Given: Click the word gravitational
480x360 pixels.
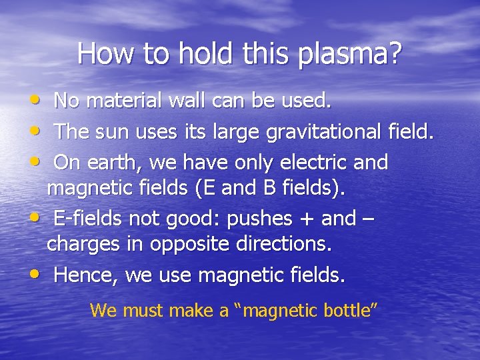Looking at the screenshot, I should [323, 132].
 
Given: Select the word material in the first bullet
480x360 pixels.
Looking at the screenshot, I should [123, 101].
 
